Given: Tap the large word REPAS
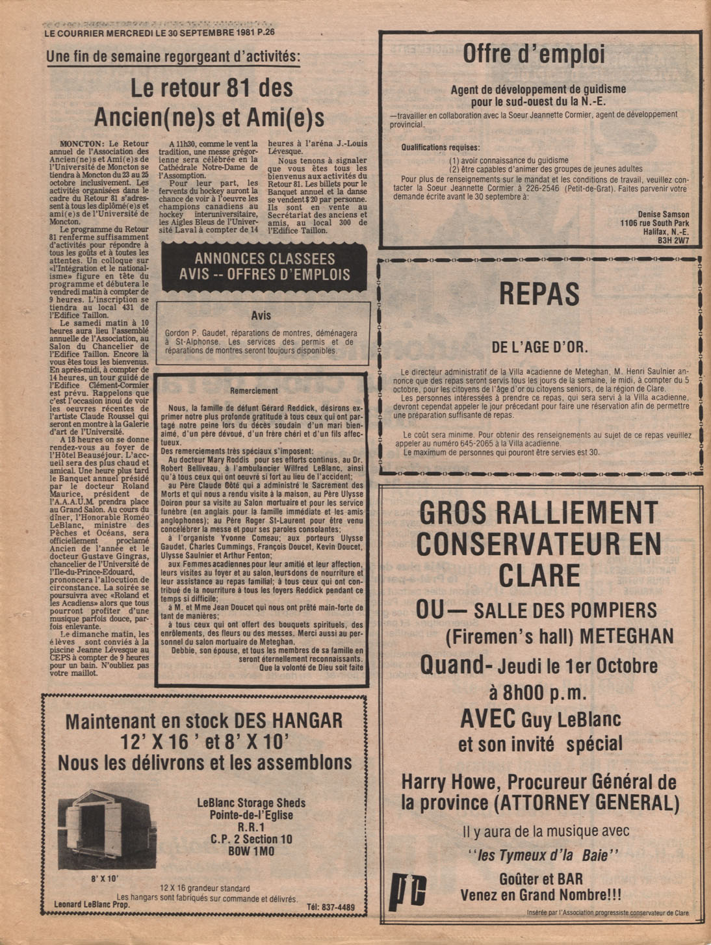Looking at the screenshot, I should [539, 294].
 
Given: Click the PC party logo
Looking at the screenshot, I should [408, 888].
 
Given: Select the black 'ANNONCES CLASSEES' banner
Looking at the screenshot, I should [265, 266].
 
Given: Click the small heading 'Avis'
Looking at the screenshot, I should [261, 315].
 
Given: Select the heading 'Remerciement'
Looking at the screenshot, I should [254, 391].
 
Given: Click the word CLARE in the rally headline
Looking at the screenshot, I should [539, 575].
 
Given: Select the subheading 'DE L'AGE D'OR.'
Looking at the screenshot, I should [539, 347].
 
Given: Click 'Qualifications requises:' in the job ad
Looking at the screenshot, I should [441, 148].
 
